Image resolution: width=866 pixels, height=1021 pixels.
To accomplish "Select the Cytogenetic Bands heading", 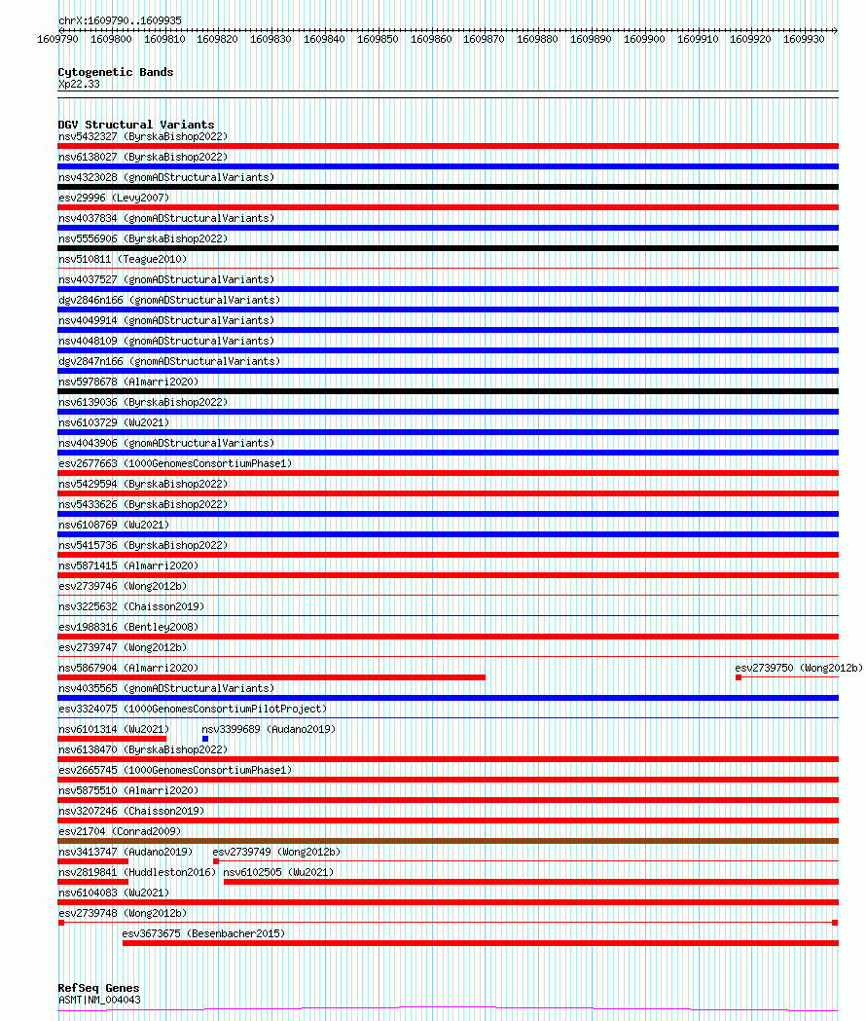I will (115, 72).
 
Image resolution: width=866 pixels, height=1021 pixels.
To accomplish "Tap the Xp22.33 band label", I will (79, 84).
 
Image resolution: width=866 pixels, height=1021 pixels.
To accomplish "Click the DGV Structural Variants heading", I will (136, 125).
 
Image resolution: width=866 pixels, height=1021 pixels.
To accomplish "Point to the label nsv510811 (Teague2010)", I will (123, 259).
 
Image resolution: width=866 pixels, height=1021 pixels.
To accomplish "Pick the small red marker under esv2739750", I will (739, 677).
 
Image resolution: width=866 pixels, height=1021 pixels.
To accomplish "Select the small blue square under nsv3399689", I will (205, 739).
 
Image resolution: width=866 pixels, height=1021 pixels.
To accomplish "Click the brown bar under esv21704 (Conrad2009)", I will (448, 841).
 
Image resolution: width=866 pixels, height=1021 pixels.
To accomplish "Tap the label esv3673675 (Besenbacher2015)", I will (203, 933).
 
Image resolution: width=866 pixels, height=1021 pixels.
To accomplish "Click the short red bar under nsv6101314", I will (112, 739).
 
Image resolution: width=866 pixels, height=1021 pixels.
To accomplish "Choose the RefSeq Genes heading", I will (98, 988).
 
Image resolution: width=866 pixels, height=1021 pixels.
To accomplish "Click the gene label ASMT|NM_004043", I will (99, 1000).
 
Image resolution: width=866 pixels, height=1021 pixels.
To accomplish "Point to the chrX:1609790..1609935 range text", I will (106, 20).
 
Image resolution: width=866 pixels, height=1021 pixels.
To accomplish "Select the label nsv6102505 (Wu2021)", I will (278, 872).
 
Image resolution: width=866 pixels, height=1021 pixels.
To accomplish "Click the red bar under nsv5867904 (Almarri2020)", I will (271, 677).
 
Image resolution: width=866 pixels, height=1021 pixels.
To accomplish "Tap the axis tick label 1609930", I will (804, 39).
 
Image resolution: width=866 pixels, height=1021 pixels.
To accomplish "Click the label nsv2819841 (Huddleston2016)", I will (136, 872).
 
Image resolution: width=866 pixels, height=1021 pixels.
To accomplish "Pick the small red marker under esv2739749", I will (216, 861).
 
